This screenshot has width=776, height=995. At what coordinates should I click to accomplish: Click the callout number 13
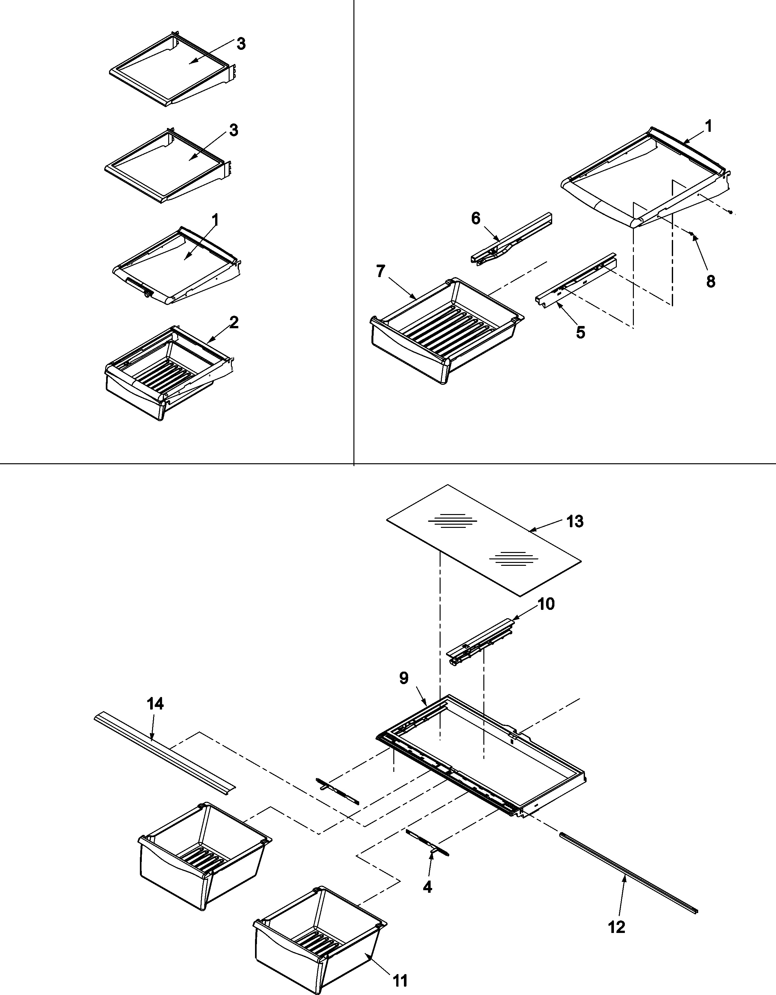(x=575, y=521)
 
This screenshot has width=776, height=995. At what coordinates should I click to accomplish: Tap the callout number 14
(x=155, y=704)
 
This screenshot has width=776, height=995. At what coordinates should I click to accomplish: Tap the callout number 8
(x=710, y=281)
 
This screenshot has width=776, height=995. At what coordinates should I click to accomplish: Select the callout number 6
(x=475, y=219)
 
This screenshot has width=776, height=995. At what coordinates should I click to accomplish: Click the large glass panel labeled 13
(x=483, y=540)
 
